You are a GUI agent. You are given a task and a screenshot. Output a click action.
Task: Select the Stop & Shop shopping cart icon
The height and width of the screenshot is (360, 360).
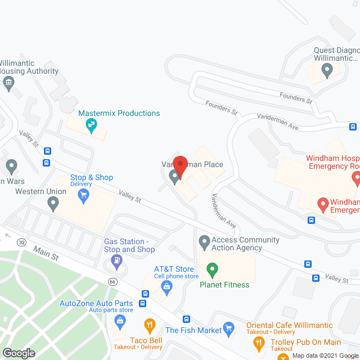tap(84, 195)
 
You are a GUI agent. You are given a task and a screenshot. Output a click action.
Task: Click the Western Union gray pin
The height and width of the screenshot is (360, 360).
tap(53, 204)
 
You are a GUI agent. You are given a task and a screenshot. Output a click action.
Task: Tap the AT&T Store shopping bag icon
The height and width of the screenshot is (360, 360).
tap(166, 286)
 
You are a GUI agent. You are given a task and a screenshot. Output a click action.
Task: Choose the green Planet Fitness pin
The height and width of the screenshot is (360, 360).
tap(212, 271)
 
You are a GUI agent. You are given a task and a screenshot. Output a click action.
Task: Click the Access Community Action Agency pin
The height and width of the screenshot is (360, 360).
tap(204, 243)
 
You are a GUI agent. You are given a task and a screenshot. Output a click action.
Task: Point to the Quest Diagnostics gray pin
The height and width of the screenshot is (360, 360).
tap(326, 71)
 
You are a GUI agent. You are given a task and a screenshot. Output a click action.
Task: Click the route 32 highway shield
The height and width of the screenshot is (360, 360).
tap(21, 242)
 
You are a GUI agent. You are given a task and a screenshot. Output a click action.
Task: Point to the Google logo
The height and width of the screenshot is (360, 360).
tap(19, 353)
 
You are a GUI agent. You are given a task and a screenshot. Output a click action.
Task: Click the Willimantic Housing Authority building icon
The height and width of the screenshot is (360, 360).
tap(8, 84)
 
